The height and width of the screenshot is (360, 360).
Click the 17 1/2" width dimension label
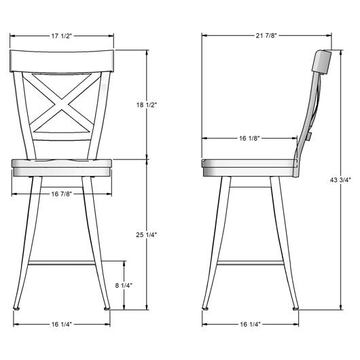click(62, 36)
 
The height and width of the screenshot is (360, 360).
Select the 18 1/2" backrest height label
click(147, 105)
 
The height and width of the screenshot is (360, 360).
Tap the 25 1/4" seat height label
click(147, 234)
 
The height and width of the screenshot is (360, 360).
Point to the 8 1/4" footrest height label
click(124, 285)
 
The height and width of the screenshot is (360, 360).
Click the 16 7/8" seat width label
click(62, 194)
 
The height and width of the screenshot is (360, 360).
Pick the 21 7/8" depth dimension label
click(266, 35)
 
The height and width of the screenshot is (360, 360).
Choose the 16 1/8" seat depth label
click(249, 138)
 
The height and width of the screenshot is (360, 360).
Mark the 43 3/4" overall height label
click(341, 180)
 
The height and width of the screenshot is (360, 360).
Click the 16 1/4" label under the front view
click(62, 324)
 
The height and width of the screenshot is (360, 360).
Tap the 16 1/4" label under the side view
click(250, 324)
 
